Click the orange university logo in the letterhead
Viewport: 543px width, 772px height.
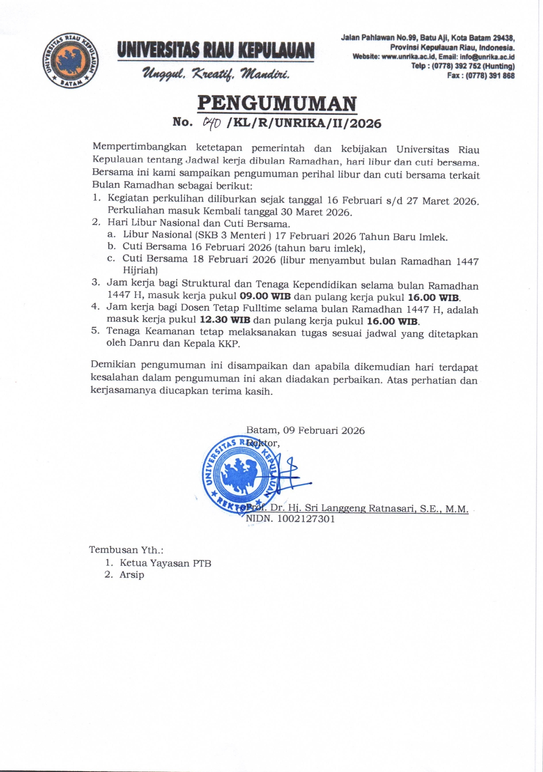pos(71,60)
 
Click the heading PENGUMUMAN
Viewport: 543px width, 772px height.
pos(277,104)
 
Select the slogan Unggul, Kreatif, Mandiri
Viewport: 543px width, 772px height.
pos(216,74)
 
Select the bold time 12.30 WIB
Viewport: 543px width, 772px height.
pos(225,320)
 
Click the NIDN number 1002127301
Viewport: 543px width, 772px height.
pos(306,519)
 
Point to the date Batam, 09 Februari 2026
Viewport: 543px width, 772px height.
pos(305,431)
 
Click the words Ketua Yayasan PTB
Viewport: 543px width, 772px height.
pos(166,563)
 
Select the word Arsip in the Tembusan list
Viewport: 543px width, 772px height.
pos(132,575)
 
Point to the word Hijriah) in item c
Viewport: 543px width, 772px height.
pos(140,270)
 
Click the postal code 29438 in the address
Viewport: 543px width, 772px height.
pos(504,38)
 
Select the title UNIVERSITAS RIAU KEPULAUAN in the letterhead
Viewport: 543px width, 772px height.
pos(216,50)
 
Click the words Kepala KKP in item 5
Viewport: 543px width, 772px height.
pos(210,343)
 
